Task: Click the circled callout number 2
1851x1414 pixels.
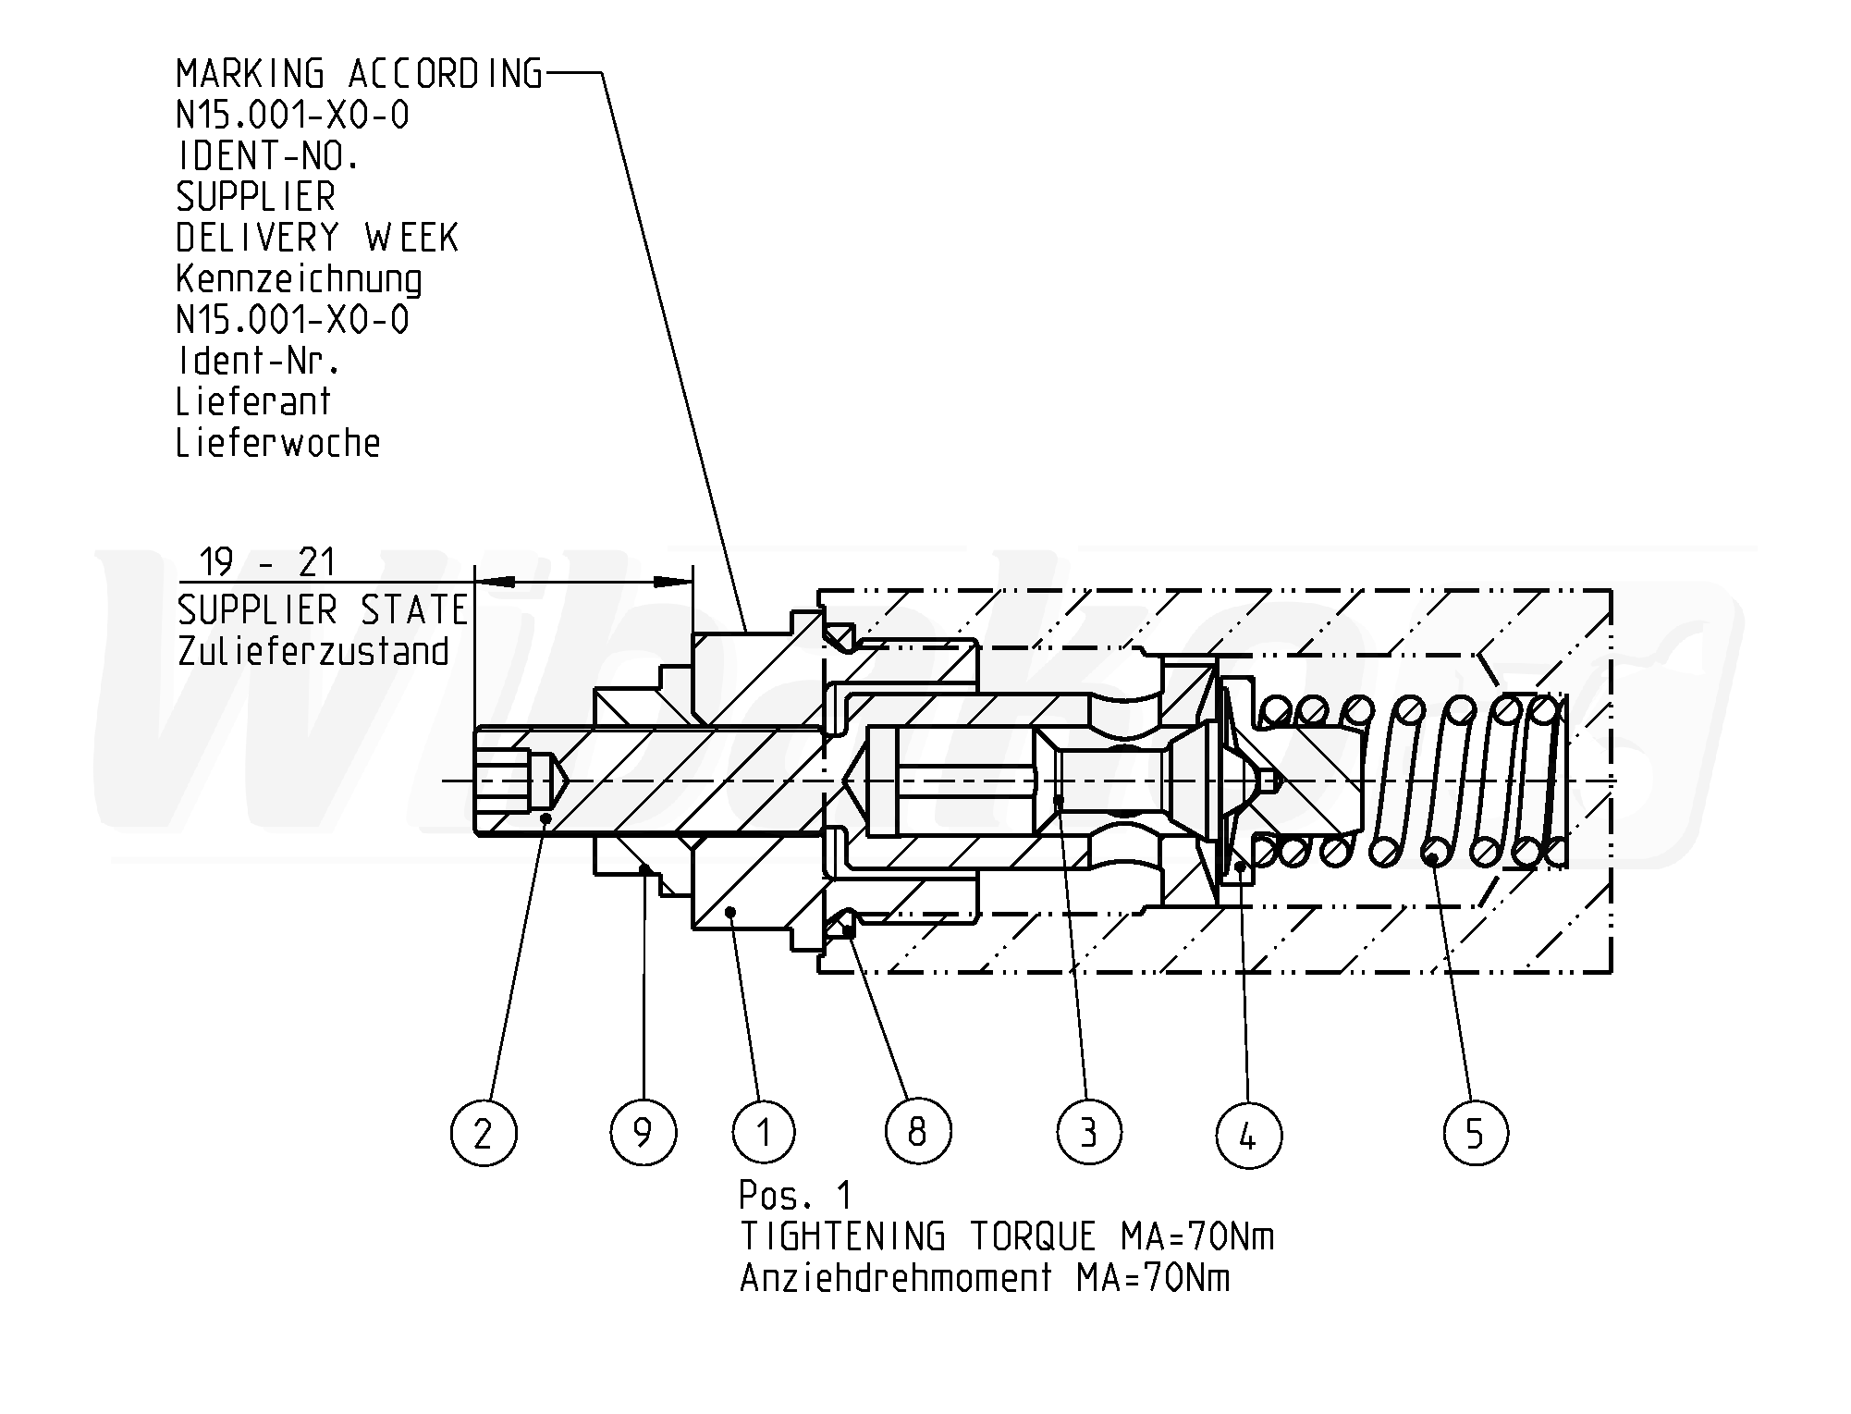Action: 484,1132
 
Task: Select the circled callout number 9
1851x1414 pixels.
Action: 644,1132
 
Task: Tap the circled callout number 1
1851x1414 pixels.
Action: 763,1132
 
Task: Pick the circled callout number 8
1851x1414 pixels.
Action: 917,1130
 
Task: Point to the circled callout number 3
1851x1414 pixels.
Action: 1089,1132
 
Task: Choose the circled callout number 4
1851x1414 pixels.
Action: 1248,1134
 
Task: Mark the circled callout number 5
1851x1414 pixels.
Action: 1475,1132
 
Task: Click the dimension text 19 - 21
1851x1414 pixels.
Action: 268,562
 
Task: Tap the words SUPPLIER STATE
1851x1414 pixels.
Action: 323,610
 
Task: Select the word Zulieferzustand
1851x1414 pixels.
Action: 313,651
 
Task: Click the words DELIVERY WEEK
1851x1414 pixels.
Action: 317,238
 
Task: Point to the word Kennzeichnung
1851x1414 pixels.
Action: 299,279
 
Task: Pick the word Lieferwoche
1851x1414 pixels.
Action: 278,443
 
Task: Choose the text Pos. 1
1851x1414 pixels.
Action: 795,1197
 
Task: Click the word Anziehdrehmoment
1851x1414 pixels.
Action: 896,1278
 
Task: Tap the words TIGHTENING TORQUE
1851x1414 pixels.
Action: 917,1237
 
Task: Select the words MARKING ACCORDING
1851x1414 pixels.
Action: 359,74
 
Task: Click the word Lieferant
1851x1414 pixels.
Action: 253,402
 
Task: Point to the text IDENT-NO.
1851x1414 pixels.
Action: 267,156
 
